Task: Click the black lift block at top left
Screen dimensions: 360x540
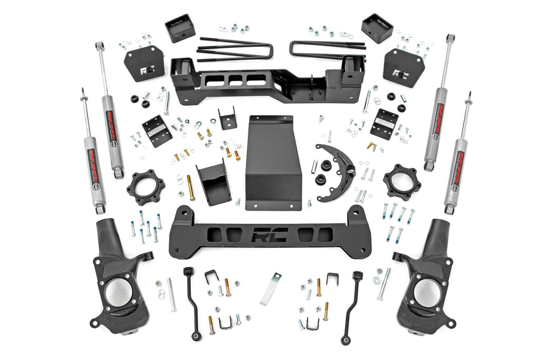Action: (x=180, y=28)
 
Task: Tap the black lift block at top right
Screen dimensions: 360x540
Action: (x=377, y=28)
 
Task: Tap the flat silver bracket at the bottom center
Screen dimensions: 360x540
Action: (x=271, y=289)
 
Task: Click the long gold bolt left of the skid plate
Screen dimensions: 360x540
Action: (x=191, y=187)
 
